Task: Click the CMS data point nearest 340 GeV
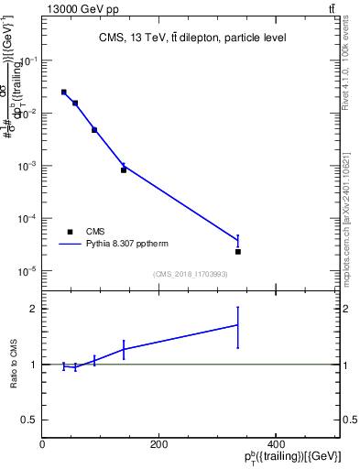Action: [237, 251]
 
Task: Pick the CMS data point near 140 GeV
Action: [124, 169]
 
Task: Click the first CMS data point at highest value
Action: [63, 92]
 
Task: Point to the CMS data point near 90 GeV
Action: [94, 130]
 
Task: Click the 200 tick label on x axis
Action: [159, 444]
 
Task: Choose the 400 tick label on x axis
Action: [276, 444]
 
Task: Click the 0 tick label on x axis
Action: [43, 444]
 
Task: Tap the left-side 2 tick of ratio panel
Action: [35, 309]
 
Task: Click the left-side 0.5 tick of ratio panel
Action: [31, 420]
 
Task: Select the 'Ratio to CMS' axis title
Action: [14, 365]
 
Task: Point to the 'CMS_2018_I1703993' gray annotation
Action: [191, 274]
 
